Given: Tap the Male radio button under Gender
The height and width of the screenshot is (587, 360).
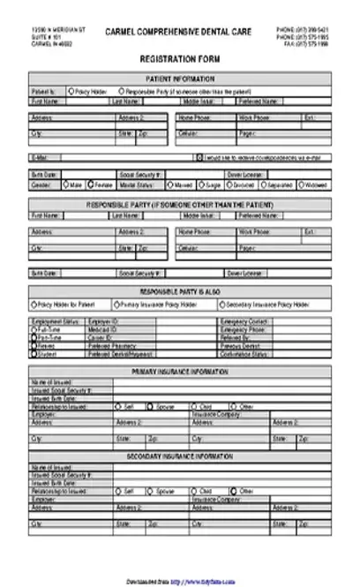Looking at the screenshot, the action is tap(65, 184).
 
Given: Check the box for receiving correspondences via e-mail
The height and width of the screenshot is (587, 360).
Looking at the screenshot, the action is tap(199, 157).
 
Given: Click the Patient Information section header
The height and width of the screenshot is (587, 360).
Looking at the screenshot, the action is tap(180, 78).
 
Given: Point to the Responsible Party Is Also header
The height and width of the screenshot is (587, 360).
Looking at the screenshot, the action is tap(180, 291).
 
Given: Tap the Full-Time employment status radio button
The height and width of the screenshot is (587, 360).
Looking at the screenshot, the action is tap(34, 329).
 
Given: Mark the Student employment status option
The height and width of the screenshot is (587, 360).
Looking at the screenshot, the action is tap(34, 353).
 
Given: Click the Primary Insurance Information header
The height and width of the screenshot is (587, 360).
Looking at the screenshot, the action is tap(180, 370).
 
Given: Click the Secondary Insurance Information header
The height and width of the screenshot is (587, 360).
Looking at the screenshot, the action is tap(180, 455).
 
